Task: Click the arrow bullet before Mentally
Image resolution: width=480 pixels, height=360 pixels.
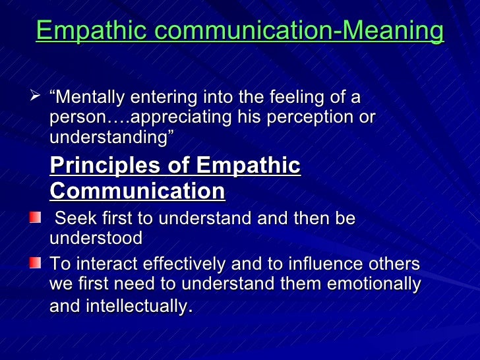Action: pos(36,98)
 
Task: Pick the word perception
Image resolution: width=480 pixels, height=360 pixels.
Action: pos(313,118)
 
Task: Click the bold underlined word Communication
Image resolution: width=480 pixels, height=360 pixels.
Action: pos(137,191)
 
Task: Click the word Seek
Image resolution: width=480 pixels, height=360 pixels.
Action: pos(75,219)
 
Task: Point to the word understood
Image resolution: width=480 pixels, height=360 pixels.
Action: pos(96,237)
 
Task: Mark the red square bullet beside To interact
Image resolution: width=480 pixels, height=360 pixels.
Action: pos(35,263)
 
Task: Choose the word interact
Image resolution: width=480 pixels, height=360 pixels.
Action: pos(103,264)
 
